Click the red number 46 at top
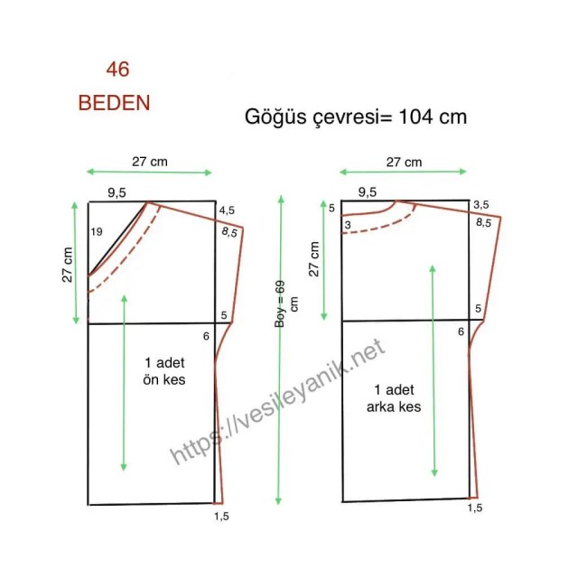tap(118, 70)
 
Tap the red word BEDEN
tap(115, 103)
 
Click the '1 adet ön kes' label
tap(164, 371)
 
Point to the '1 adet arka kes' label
tap(394, 398)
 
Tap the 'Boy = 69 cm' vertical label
tap(285, 304)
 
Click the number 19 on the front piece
tap(97, 232)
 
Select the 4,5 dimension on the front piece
tap(227, 210)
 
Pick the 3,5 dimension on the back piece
tap(481, 205)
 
